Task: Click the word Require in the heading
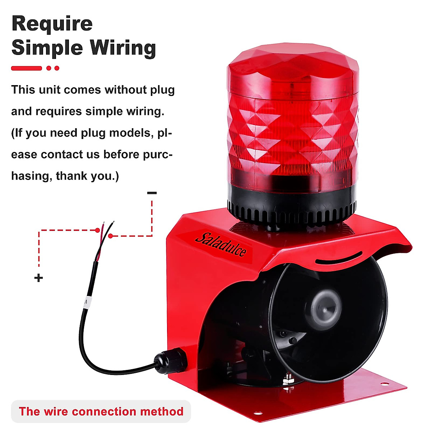52,24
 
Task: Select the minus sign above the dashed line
152,193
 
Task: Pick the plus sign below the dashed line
38,278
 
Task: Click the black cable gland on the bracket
170,360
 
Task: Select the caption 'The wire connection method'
101,411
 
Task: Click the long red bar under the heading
27,68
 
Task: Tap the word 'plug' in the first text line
162,89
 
